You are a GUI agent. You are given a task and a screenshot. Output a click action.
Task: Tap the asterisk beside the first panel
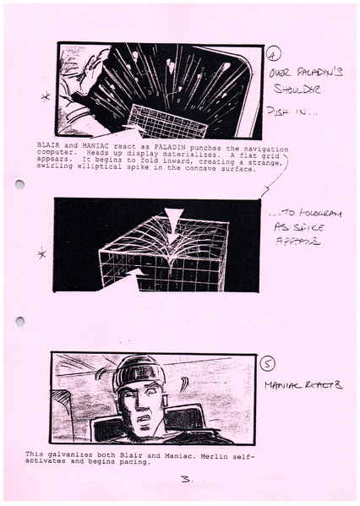[x=46, y=98]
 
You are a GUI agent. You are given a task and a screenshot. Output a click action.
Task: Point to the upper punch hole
[x=19, y=184]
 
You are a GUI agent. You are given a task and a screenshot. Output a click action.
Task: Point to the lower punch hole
[x=19, y=321]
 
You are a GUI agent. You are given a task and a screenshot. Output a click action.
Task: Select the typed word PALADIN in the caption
[x=140, y=146]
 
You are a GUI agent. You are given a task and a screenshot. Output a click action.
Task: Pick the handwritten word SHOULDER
[x=293, y=90]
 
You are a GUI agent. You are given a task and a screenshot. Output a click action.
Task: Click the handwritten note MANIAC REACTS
[x=303, y=385]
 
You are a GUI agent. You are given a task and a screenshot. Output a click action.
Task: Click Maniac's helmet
[x=137, y=371]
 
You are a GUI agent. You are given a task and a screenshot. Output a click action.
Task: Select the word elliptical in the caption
[x=99, y=169]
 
